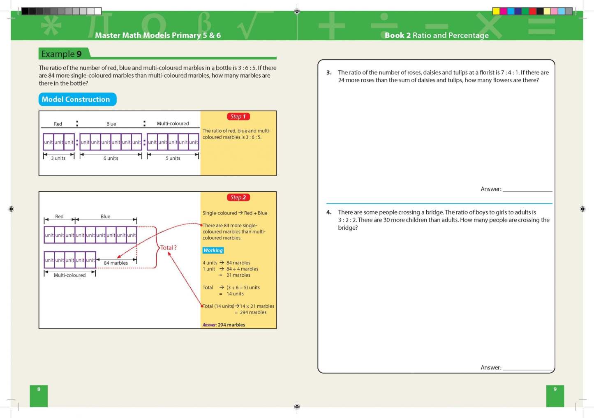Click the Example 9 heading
click(x=62, y=54)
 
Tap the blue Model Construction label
click(x=76, y=99)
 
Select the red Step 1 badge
click(x=238, y=117)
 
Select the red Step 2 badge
click(x=238, y=198)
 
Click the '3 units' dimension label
click(x=58, y=158)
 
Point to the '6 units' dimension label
click(x=111, y=158)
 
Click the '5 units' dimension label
click(x=173, y=158)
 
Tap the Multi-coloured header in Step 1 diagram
click(x=173, y=124)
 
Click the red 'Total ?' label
click(x=169, y=248)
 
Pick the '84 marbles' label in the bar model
click(x=116, y=263)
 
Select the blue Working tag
click(x=213, y=250)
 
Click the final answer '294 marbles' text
click(x=231, y=325)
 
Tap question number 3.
click(x=329, y=73)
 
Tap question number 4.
click(x=329, y=212)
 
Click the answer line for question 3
click(x=527, y=191)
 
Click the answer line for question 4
click(x=527, y=369)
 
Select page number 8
click(x=39, y=389)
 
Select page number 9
click(x=555, y=389)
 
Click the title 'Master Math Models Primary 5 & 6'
click(x=158, y=35)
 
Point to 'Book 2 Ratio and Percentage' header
click(x=437, y=35)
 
